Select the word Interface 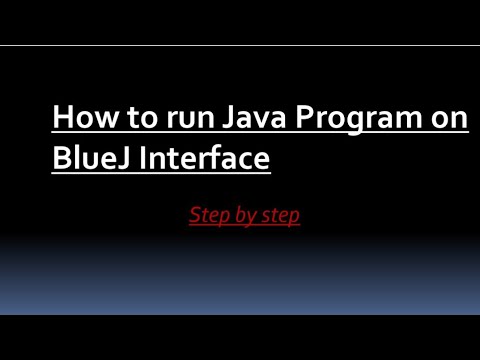(207, 158)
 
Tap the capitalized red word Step (208, 216)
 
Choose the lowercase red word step (280, 216)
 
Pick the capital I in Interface (148, 158)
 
